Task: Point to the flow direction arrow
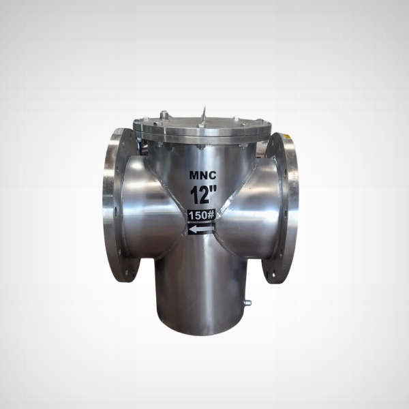[x=200, y=230]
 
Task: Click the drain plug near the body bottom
[x=247, y=303]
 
